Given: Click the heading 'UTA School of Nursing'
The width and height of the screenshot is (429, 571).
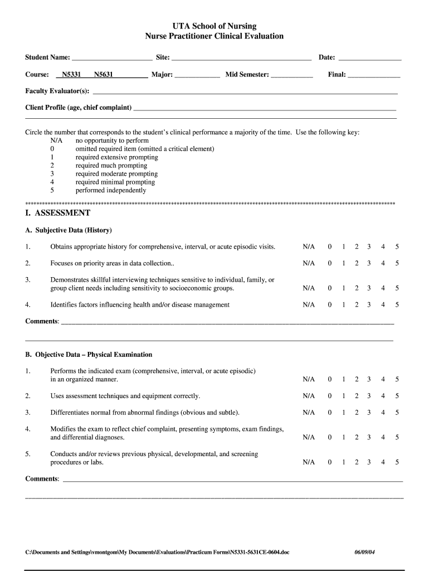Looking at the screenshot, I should point(214,26).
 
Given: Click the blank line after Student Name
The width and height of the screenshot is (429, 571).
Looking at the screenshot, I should point(112,58).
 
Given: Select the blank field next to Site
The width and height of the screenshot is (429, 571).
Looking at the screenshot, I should point(241,58).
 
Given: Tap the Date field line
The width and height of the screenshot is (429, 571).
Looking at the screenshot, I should point(370,58).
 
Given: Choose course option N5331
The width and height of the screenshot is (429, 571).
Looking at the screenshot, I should point(71,75).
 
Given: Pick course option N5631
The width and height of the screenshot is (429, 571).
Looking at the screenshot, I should point(104,75).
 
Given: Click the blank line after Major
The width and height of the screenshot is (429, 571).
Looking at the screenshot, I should point(197,75).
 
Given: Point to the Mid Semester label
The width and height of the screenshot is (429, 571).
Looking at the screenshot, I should point(247,75).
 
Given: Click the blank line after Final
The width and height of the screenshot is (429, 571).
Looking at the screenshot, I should point(374,75).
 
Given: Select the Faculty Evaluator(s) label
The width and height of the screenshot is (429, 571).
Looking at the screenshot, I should point(57,91).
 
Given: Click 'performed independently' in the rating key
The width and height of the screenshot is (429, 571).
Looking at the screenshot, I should point(111,190).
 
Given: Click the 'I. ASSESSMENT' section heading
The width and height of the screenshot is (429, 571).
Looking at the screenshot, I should point(58,213).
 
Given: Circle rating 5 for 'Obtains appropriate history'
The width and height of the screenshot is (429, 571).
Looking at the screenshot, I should point(397,246).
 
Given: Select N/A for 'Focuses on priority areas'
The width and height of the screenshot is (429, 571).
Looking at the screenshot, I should point(309,263).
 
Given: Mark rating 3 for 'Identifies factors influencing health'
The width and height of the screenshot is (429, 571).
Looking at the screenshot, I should point(369,305).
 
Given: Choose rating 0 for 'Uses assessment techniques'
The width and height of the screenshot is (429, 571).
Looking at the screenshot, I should point(330,396).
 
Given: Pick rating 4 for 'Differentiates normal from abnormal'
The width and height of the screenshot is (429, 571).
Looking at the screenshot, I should point(383,413).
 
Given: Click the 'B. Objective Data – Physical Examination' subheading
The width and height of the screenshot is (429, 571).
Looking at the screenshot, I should point(89,355).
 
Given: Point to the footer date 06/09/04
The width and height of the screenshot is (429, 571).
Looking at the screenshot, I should point(365,553).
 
